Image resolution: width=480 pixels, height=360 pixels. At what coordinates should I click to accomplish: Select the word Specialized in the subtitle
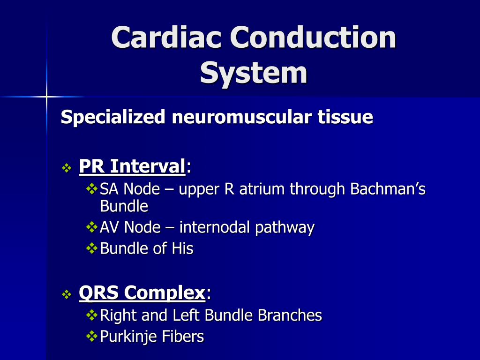coord(113,117)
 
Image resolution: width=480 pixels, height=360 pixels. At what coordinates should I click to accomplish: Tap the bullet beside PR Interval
coord(67,167)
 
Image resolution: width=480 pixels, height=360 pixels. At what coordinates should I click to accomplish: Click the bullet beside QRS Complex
coord(67,295)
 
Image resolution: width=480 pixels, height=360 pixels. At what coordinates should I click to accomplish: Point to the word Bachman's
coord(388,189)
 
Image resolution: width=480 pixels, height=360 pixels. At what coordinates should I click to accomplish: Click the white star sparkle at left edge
coord(46,97)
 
